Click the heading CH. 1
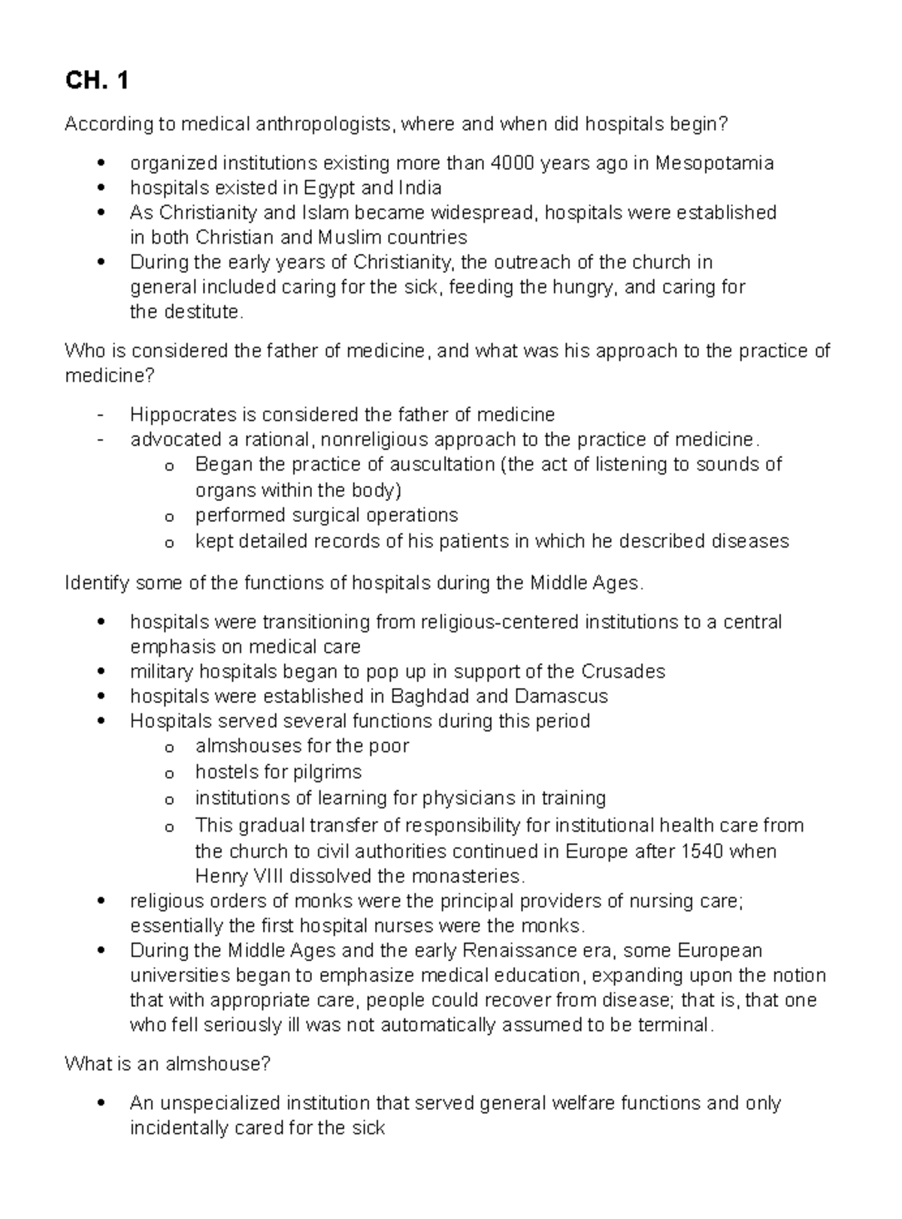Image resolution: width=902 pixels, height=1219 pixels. (x=96, y=80)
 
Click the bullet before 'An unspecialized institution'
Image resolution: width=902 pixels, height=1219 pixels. (x=101, y=1103)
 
